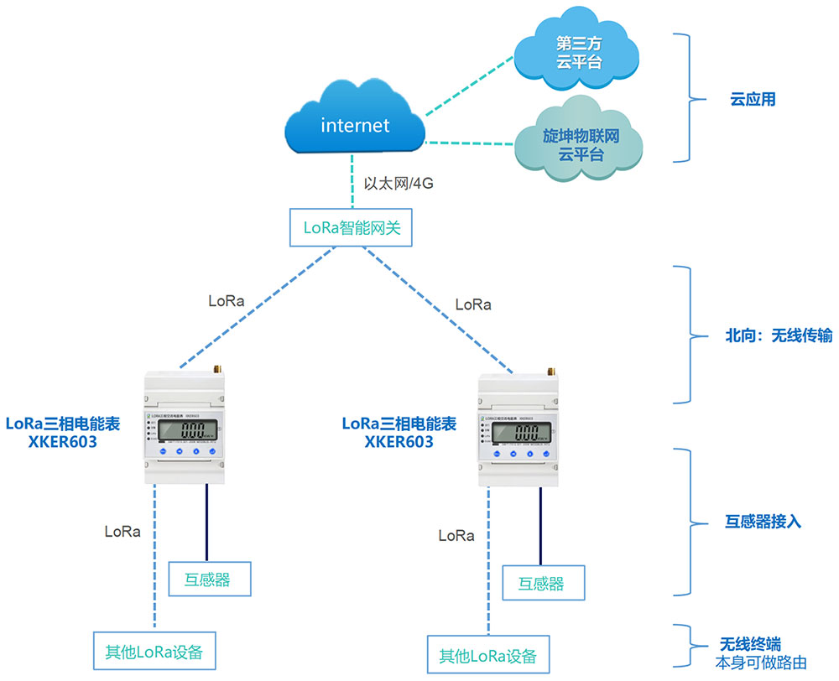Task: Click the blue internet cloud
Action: point(355,126)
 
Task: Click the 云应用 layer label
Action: point(753,99)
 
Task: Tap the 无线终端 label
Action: point(749,644)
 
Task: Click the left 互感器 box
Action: point(210,578)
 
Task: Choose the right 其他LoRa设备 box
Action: point(488,655)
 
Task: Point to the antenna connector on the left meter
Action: point(216,367)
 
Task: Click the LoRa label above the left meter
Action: point(226,300)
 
